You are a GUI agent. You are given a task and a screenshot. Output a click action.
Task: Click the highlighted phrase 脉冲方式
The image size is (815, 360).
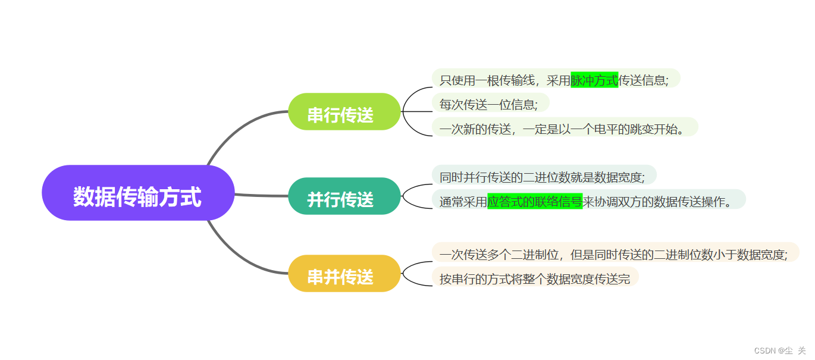pos(594,79)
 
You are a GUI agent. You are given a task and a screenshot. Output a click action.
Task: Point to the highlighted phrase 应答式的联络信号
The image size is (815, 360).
pos(534,201)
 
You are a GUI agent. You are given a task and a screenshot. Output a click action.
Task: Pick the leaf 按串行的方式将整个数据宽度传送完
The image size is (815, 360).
pos(534,277)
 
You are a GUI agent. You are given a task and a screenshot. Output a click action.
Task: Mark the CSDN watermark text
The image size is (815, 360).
pos(779,350)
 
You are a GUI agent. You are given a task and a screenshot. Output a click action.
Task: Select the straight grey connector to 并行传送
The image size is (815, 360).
pos(262,195)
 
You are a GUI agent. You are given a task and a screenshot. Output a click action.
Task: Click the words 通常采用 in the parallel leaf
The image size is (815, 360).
pos(463,201)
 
